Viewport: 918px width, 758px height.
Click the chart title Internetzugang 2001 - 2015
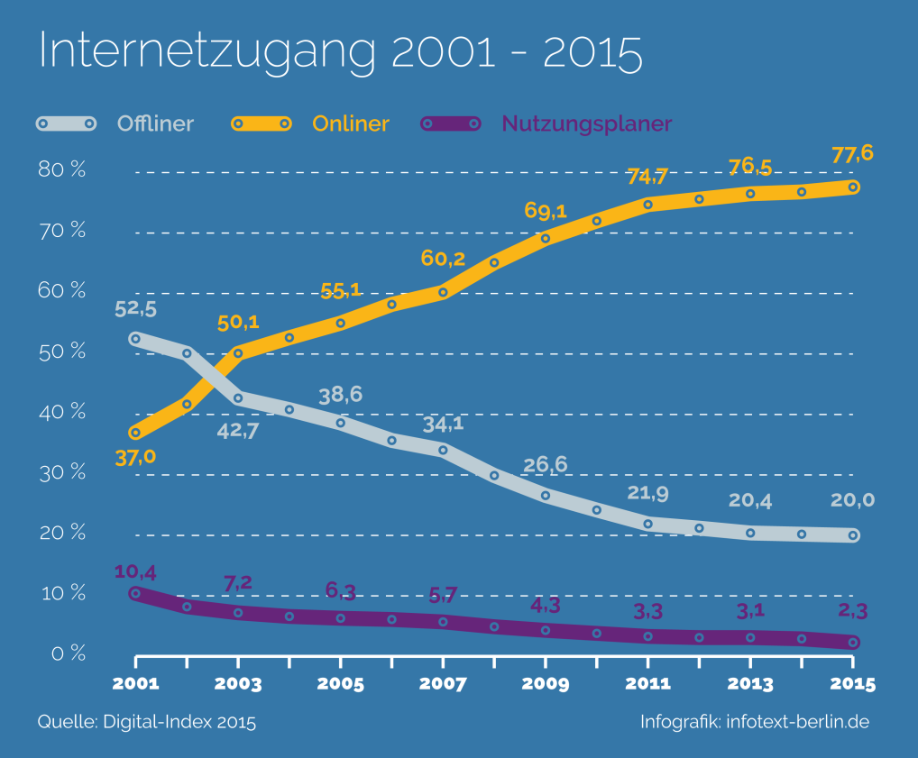[340, 53]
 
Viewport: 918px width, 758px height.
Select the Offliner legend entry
[155, 123]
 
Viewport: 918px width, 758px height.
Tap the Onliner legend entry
[351, 123]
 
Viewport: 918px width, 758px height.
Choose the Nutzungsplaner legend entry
[586, 123]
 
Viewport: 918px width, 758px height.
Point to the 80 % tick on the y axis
[62, 170]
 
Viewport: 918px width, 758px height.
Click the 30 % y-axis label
[62, 472]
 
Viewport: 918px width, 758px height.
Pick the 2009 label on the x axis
[546, 684]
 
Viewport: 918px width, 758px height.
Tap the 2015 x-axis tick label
[852, 684]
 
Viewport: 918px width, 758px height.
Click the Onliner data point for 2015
[853, 187]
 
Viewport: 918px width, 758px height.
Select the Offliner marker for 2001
[135, 339]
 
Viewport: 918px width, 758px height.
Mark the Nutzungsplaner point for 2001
[135, 593]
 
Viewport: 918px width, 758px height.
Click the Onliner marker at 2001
[135, 434]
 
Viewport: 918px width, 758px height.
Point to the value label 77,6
[852, 154]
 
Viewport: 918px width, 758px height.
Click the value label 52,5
[136, 309]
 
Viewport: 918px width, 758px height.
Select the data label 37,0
[135, 458]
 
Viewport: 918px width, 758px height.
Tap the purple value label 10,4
[135, 571]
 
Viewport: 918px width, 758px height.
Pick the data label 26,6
[546, 465]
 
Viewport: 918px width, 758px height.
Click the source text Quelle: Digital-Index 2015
[147, 722]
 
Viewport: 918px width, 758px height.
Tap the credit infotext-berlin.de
[797, 722]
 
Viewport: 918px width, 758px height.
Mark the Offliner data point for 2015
[853, 535]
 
